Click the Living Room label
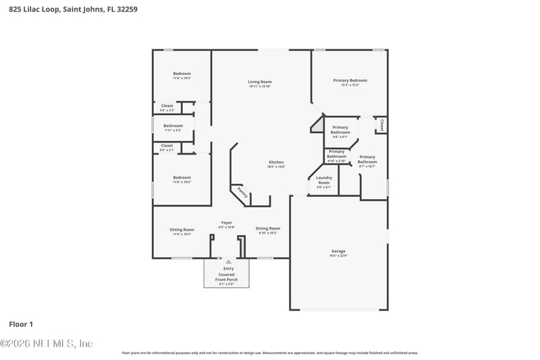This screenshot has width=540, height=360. (x=260, y=82)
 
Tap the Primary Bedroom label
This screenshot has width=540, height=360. (x=350, y=80)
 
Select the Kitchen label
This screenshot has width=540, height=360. (x=277, y=162)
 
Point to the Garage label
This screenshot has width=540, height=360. (x=338, y=251)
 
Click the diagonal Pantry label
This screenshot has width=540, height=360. (x=242, y=193)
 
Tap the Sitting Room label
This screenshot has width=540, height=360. (x=182, y=230)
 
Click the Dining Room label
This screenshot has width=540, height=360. (x=268, y=228)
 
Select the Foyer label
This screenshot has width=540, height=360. (x=227, y=223)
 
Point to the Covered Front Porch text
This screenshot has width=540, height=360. (x=227, y=277)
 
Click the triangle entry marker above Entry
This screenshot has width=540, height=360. (x=228, y=261)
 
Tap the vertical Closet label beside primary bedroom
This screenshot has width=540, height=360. (x=382, y=125)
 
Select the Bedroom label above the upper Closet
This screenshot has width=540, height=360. (x=182, y=74)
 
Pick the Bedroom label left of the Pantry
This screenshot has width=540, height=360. (x=182, y=178)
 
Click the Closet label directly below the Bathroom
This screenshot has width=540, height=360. (x=167, y=145)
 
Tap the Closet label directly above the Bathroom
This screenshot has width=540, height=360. (x=167, y=105)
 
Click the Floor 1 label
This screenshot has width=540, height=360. (x=20, y=324)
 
